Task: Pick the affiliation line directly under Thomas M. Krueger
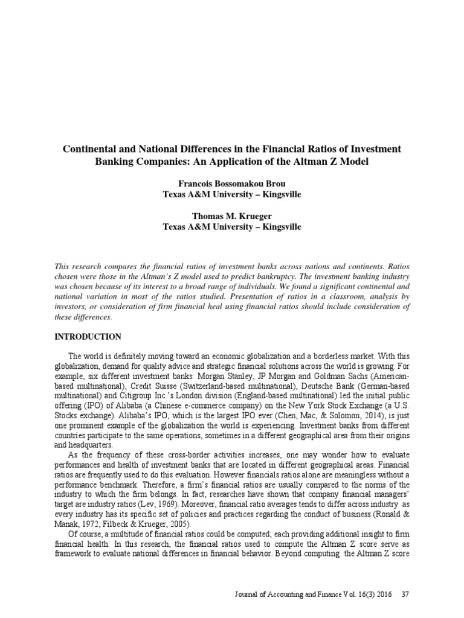(232, 228)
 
